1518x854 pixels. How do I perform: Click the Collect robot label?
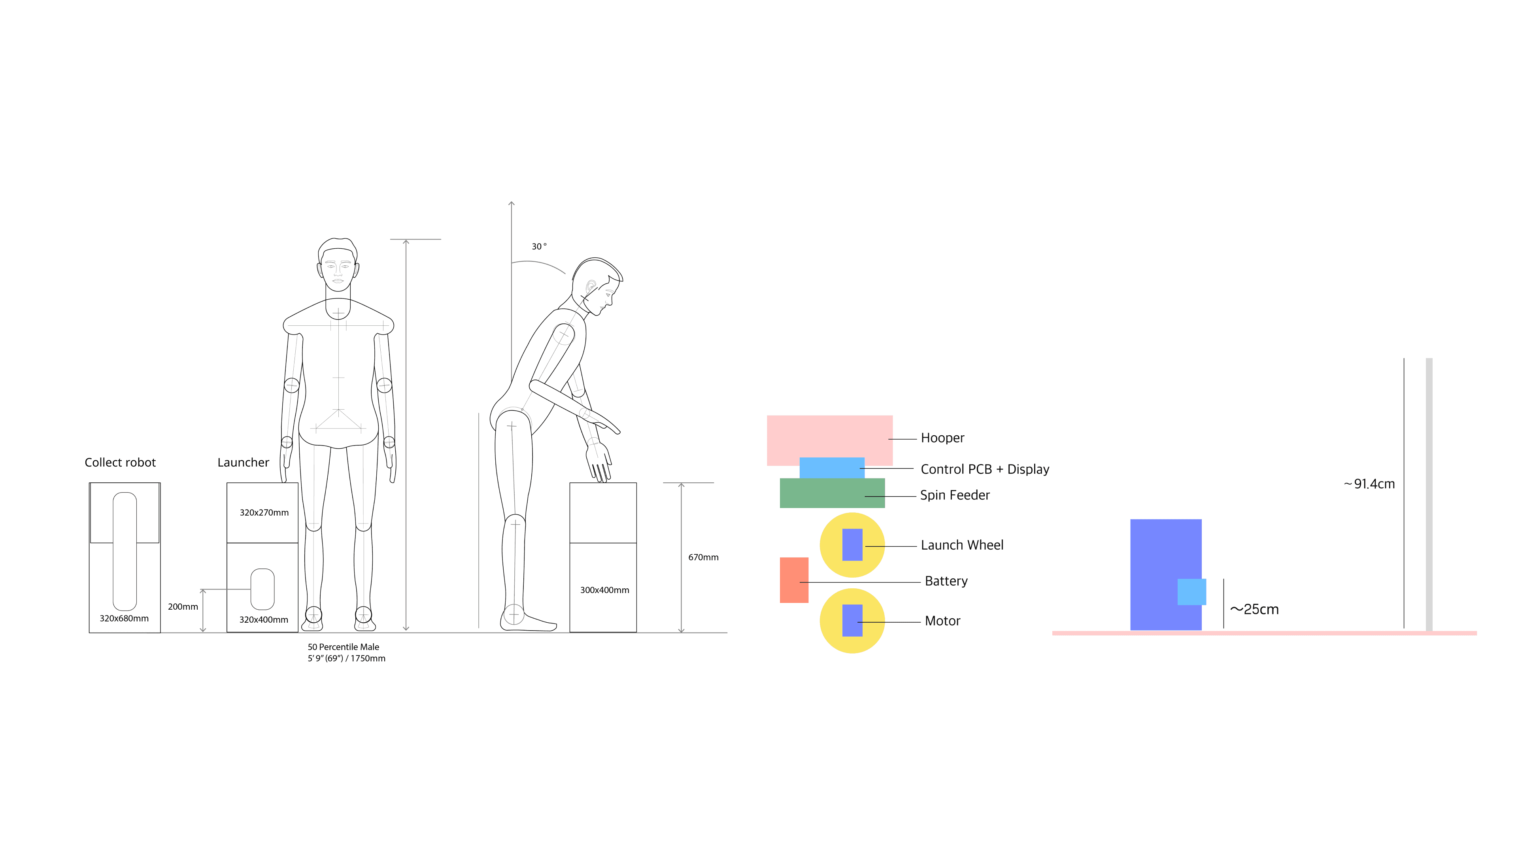(x=120, y=463)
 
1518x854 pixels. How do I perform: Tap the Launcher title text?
(x=243, y=463)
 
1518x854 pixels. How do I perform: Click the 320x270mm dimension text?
(x=264, y=513)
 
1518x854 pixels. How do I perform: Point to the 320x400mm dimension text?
(x=263, y=620)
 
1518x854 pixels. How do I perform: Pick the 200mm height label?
(x=183, y=606)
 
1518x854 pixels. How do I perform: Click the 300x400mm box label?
(x=604, y=590)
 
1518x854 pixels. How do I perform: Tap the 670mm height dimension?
(x=703, y=557)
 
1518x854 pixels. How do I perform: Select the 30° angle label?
(x=538, y=246)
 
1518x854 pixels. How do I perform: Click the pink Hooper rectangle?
(x=829, y=436)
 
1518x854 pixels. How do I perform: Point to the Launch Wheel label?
(x=962, y=545)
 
